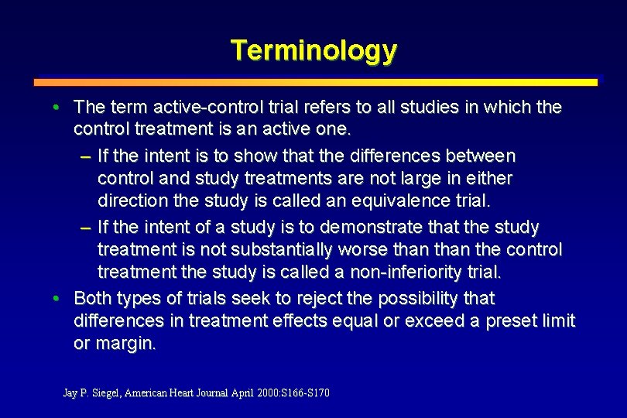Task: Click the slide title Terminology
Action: [x=313, y=50]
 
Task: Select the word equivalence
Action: [x=396, y=200]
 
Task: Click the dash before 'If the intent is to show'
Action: [x=84, y=156]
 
